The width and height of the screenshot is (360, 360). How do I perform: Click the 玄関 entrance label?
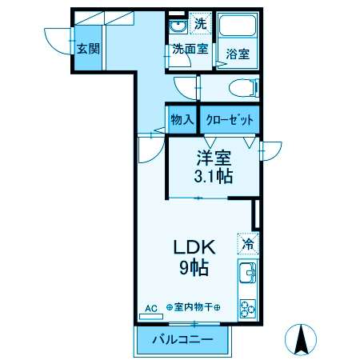click(88, 48)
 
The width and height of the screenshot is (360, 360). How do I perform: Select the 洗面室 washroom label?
click(190, 49)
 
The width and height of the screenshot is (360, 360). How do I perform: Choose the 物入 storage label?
click(182, 120)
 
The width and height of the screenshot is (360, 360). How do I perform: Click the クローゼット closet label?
click(230, 120)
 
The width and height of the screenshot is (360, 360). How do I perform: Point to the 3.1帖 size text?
click(214, 176)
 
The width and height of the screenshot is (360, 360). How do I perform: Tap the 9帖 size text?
click(194, 268)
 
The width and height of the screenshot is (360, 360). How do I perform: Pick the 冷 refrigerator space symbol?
click(248, 243)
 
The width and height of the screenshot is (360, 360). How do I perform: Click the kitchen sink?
click(247, 275)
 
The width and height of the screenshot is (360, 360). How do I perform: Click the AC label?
click(150, 307)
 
